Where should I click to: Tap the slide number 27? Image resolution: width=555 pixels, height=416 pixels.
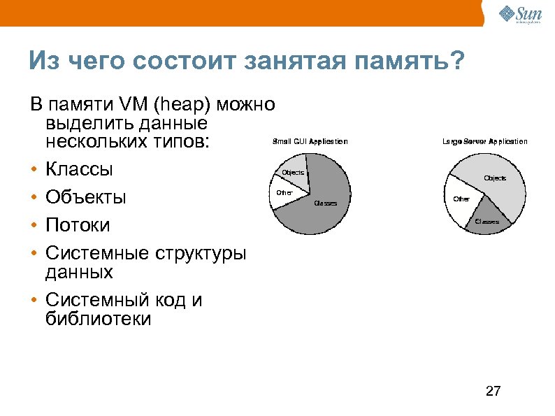tap(493, 391)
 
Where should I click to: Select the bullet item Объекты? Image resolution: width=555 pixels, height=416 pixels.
tap(86, 197)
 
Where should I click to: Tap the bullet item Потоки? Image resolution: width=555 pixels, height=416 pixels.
tap(78, 225)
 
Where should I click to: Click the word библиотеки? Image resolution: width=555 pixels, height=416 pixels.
tap(98, 320)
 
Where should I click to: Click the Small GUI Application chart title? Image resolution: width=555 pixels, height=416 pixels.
tap(310, 141)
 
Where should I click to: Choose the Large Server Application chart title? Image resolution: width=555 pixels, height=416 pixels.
tap(484, 141)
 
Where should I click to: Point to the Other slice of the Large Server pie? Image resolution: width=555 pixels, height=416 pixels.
tap(462, 200)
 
